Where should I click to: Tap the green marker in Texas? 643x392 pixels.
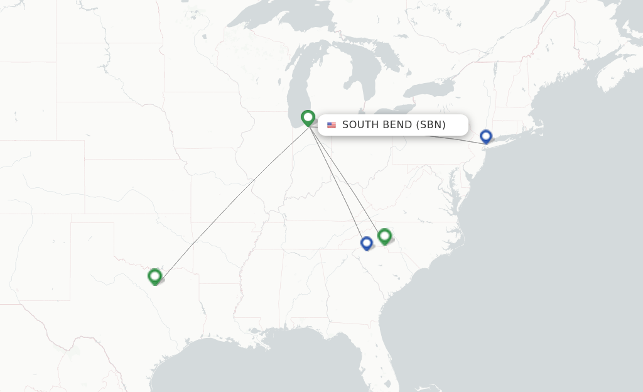[155, 276]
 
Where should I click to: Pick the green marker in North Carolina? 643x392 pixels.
[385, 236]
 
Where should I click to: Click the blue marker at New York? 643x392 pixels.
[485, 136]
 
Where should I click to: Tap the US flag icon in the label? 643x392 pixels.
[332, 125]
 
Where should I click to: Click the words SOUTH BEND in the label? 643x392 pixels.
[376, 124]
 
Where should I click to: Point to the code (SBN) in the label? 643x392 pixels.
[431, 124]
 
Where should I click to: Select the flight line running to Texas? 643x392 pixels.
[232, 200]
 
